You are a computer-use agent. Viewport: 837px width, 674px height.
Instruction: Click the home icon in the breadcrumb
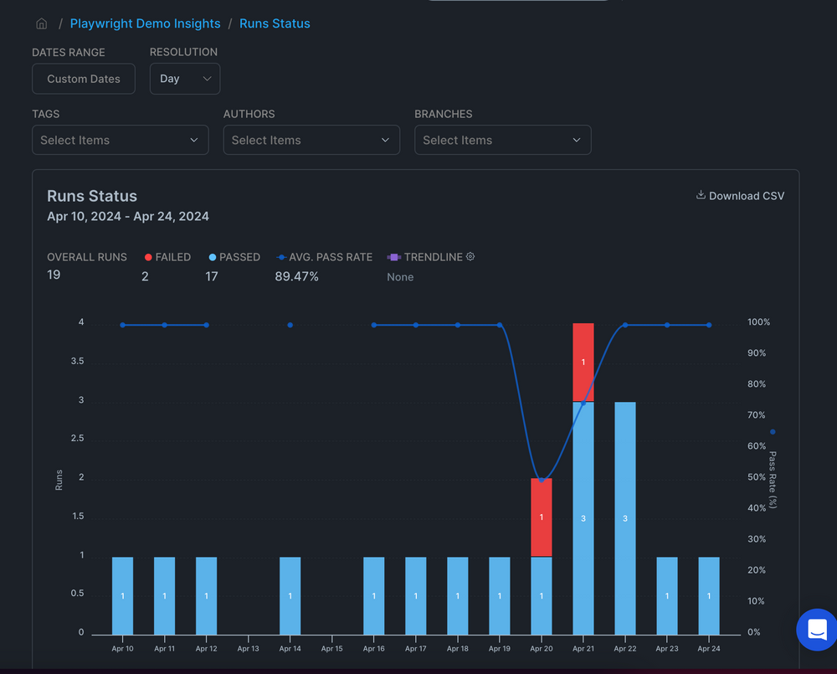point(41,23)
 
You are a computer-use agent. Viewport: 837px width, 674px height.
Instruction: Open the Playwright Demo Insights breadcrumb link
point(145,23)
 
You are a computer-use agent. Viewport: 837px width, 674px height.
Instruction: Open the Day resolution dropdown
point(185,79)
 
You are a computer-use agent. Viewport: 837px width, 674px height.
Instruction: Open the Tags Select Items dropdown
point(120,140)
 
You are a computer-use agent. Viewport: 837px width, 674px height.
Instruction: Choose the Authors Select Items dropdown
point(311,140)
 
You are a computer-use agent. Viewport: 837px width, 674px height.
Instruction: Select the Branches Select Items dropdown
point(502,140)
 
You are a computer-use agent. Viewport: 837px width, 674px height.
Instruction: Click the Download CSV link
point(741,196)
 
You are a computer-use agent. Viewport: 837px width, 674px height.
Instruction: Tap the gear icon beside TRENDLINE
point(470,257)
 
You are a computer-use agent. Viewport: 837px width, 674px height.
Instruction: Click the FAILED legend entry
point(167,257)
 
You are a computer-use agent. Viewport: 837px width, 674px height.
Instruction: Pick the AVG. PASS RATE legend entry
point(325,257)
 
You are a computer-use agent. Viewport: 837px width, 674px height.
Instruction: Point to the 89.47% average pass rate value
point(296,276)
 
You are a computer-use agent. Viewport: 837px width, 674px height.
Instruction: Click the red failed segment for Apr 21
point(583,362)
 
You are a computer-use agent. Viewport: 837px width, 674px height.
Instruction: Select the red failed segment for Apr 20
point(542,517)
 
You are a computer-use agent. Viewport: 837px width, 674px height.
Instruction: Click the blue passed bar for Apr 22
point(625,517)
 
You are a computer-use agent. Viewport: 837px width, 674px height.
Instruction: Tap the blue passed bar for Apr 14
point(290,595)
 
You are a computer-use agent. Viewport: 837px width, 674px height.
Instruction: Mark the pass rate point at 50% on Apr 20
point(542,480)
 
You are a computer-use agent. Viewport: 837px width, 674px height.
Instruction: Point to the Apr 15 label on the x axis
point(331,649)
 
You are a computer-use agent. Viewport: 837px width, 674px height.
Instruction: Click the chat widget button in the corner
point(816,630)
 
